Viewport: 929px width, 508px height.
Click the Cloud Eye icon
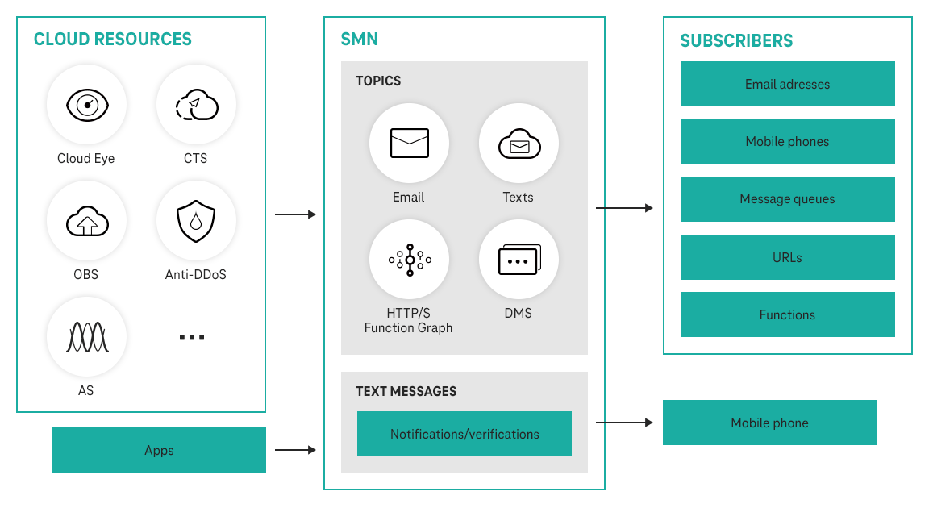tap(86, 105)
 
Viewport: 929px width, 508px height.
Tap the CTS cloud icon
tap(196, 105)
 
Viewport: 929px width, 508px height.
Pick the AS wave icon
tap(86, 336)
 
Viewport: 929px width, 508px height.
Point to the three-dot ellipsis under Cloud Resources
tap(191, 337)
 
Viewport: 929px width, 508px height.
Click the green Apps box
tap(159, 450)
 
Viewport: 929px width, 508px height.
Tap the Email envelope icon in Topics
tap(409, 143)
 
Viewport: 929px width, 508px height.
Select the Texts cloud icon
tap(519, 143)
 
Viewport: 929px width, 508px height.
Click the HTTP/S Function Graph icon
tap(409, 259)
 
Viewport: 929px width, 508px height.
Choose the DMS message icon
tap(519, 259)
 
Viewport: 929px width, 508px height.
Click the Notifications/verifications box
tap(464, 434)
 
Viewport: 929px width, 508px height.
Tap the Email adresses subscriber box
tap(787, 84)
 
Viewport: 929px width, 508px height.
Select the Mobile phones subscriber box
tap(787, 141)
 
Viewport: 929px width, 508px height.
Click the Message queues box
tap(787, 199)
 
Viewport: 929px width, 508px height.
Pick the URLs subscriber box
tap(787, 257)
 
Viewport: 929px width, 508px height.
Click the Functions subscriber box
tap(787, 314)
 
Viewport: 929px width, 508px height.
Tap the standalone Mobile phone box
tap(769, 423)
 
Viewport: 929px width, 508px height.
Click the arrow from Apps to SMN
tap(295, 450)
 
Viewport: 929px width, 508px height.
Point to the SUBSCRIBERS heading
tap(736, 40)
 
